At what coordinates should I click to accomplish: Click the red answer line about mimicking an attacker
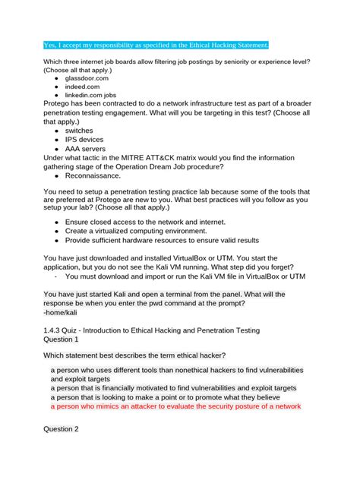(x=176, y=406)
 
